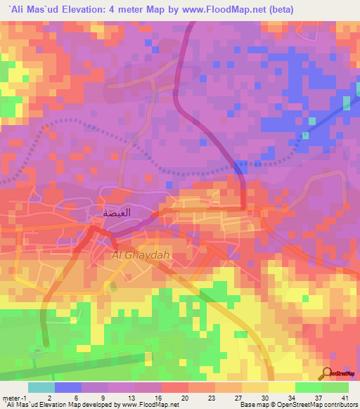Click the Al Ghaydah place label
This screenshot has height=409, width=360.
coord(141,256)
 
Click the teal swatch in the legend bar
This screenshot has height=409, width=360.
coord(41,387)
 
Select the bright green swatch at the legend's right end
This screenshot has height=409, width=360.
coord(335,387)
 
